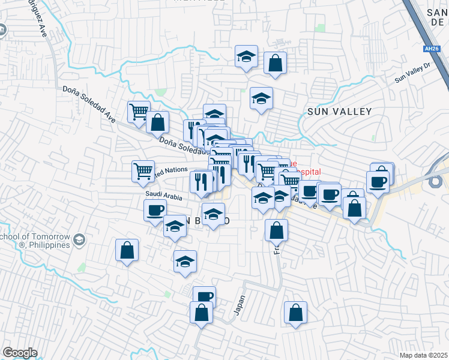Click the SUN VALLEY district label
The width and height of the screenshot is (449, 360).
click(340, 111)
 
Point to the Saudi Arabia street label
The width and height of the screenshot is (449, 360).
click(162, 195)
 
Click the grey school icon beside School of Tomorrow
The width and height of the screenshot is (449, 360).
click(79, 241)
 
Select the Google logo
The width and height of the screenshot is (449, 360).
click(20, 353)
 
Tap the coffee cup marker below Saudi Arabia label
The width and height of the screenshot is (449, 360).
click(155, 210)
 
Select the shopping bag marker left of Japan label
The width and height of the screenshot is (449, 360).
click(201, 312)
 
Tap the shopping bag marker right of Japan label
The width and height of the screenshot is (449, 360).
click(295, 312)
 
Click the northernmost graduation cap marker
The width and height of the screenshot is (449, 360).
click(246, 56)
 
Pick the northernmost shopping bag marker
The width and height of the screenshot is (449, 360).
click(275, 62)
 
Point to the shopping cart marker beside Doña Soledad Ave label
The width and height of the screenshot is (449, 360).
click(139, 111)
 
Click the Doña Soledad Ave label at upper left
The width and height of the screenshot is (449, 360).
click(88, 101)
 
